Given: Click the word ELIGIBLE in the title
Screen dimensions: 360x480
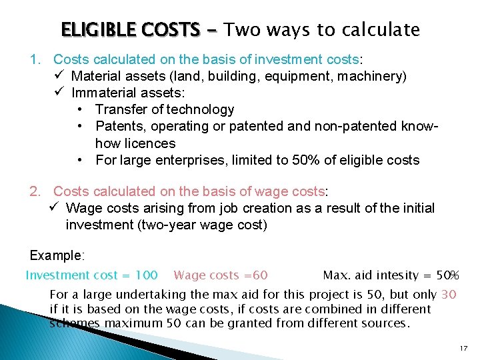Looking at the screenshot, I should point(94,30).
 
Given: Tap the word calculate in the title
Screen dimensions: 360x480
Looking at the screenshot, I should point(381,30).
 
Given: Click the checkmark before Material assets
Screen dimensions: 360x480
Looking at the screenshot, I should point(57,76).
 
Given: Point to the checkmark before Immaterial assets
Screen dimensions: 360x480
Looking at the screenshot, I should point(57,93).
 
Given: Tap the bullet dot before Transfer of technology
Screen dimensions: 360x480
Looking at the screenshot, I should point(80,109).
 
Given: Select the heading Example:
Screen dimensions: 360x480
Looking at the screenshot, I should point(57,255).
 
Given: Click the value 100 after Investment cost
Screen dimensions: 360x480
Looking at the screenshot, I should point(146,275).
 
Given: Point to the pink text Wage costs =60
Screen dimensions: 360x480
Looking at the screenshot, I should point(220,275).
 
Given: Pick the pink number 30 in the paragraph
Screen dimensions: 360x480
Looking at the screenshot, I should point(449,294).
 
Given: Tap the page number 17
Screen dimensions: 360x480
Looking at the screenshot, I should point(463,349).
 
